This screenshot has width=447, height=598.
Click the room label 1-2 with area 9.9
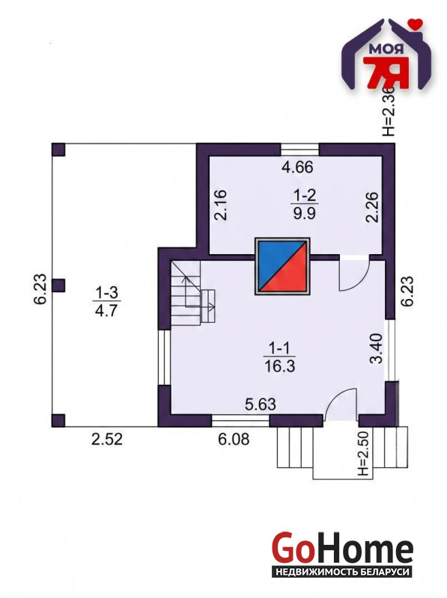click(304, 204)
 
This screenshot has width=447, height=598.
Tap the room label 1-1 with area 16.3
click(279, 357)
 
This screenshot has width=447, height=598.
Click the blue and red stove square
click(282, 266)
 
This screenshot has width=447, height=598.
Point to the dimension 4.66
click(297, 167)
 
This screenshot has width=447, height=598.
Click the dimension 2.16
click(220, 204)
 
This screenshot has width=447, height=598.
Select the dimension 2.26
click(372, 206)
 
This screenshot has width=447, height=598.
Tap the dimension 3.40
click(377, 348)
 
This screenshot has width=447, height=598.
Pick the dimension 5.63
click(260, 404)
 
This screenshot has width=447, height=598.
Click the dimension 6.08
click(234, 439)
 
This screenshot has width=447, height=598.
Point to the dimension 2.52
click(107, 439)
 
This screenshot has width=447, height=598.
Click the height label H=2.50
click(365, 454)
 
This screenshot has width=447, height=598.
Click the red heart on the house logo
click(415, 23)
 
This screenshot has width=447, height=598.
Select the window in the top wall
click(300, 148)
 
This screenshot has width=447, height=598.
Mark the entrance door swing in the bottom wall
click(341, 404)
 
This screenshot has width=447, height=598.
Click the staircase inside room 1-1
click(192, 292)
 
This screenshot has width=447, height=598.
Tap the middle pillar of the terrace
click(58, 286)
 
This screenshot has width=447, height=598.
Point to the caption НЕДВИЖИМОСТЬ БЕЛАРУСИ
click(342, 572)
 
